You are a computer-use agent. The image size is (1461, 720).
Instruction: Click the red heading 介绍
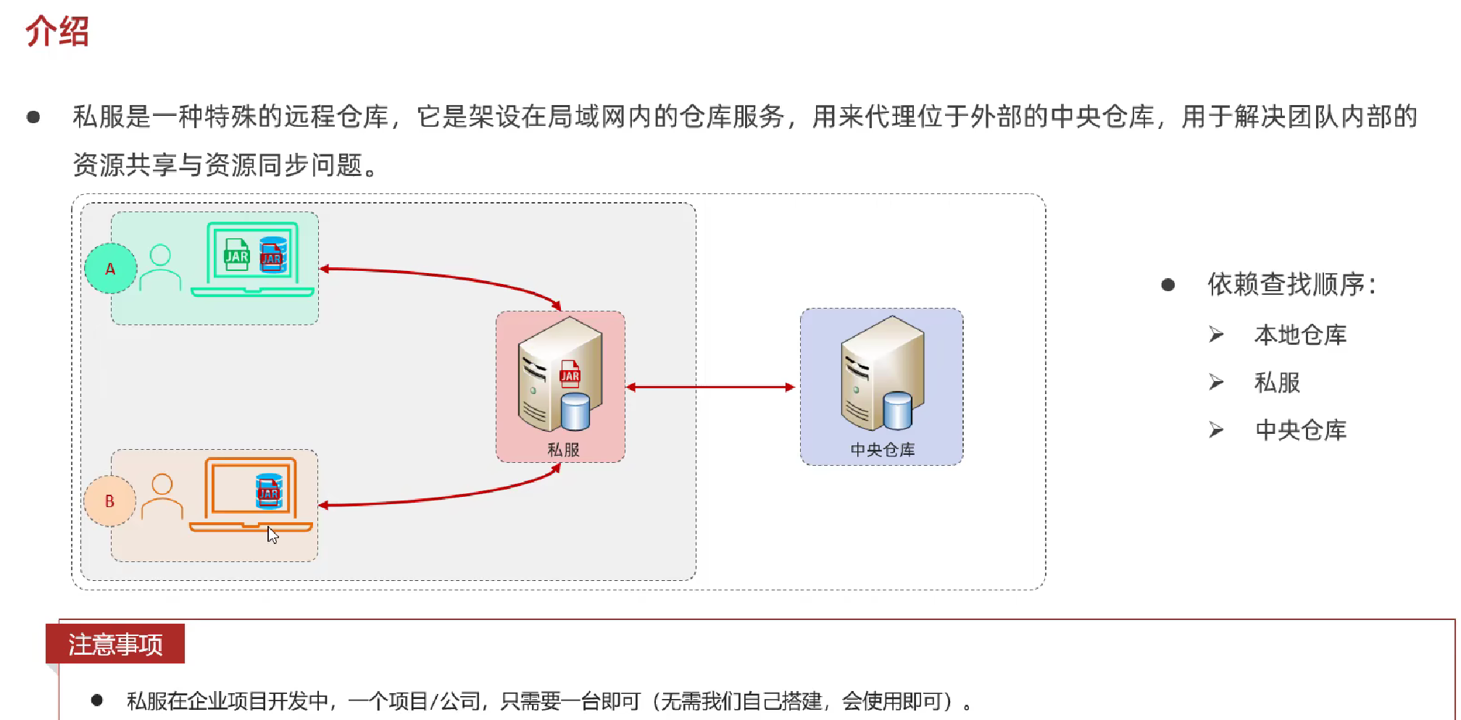pyautogui.click(x=57, y=32)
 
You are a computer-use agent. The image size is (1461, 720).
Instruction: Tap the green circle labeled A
pyautogui.click(x=110, y=269)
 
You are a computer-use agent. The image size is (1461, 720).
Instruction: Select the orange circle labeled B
pyautogui.click(x=109, y=501)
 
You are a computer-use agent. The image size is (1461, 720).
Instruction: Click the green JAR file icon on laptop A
pyautogui.click(x=236, y=255)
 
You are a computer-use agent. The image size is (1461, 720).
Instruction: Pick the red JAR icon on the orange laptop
pyautogui.click(x=269, y=491)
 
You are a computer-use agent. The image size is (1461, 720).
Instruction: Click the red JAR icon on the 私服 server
pyautogui.click(x=570, y=373)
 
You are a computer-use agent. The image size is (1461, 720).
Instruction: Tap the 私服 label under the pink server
pyautogui.click(x=563, y=450)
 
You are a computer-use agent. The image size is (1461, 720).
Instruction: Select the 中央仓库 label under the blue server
pyautogui.click(x=882, y=450)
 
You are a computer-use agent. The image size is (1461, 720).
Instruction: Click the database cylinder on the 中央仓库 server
pyautogui.click(x=897, y=411)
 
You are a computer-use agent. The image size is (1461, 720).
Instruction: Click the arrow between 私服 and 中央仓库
pyautogui.click(x=711, y=388)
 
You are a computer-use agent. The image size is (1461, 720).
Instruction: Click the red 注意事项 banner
pyautogui.click(x=115, y=644)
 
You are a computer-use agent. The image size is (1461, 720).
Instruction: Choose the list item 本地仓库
pyautogui.click(x=1300, y=335)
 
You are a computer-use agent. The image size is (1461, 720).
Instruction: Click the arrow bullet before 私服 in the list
pyautogui.click(x=1216, y=382)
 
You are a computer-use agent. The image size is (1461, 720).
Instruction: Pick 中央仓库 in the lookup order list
pyautogui.click(x=1300, y=430)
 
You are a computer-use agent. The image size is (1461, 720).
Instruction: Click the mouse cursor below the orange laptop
pyautogui.click(x=272, y=535)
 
